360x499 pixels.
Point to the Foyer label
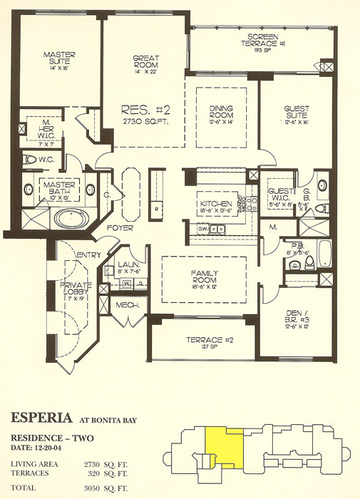pyautogui.click(x=118, y=229)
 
